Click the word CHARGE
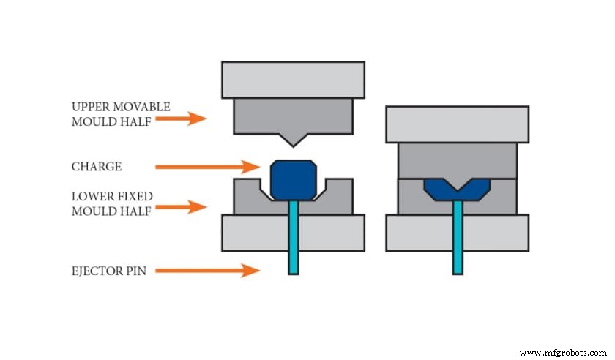(x=97, y=167)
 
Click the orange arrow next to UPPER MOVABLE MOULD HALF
(x=187, y=117)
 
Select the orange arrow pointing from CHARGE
(x=208, y=167)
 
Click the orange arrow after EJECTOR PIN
(x=209, y=271)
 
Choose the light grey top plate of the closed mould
(x=458, y=124)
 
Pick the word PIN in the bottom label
(x=137, y=271)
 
